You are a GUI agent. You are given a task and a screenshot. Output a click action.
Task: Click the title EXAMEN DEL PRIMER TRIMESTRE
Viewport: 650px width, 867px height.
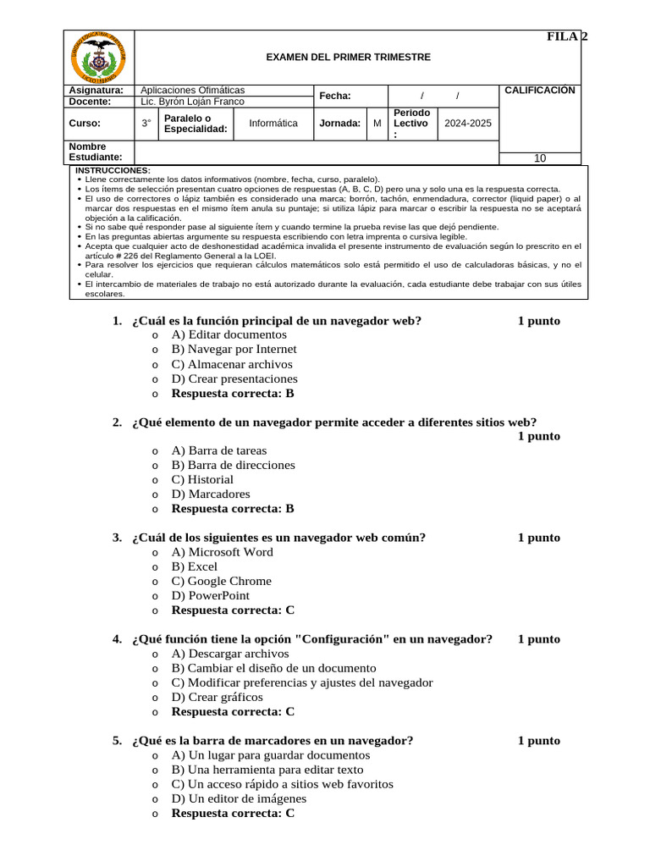349,58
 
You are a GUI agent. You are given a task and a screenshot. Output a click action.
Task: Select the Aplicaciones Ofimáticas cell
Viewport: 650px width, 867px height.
192,90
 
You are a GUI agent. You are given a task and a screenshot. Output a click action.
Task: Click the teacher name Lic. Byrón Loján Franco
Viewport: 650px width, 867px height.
192,102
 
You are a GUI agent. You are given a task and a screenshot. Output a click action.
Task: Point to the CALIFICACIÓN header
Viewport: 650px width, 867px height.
539,91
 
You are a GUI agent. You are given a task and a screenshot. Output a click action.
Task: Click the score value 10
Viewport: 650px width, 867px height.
540,158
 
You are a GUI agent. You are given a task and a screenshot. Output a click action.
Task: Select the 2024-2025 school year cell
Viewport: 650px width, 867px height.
468,124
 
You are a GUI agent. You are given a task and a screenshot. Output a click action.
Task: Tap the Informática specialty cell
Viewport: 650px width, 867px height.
273,124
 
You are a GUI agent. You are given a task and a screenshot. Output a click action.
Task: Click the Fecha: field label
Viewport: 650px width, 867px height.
335,97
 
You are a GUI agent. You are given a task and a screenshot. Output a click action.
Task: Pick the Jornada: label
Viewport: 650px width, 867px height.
339,124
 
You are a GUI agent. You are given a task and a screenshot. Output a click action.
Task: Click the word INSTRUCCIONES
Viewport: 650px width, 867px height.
113,170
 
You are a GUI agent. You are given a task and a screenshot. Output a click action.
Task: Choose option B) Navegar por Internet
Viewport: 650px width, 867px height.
234,350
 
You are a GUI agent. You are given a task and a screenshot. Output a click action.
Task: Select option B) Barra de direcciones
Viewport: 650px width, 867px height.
233,465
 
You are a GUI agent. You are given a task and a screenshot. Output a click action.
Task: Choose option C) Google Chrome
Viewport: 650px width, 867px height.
221,581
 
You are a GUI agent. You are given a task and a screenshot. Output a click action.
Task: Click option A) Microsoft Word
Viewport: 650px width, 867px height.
222,552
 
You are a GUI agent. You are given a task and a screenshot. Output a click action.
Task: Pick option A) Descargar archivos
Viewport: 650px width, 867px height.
229,654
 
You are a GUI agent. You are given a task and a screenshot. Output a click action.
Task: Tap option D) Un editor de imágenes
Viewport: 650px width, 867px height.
239,798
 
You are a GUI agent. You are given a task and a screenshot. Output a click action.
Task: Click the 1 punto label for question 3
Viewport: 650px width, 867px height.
538,538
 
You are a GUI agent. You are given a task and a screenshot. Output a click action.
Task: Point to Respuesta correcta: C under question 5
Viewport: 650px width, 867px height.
233,814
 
